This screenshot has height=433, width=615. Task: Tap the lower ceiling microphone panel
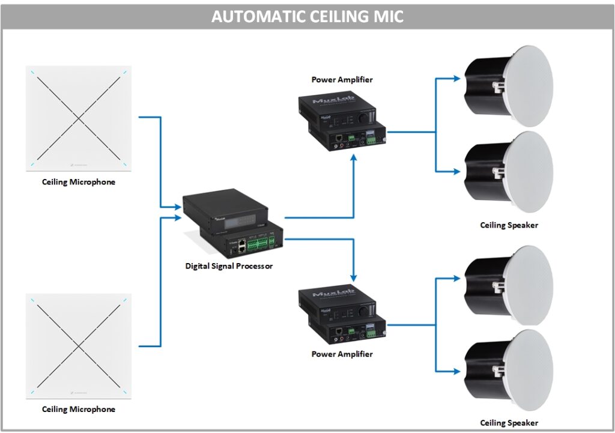[x=79, y=347]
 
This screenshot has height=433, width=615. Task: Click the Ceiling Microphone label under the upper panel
[x=78, y=181]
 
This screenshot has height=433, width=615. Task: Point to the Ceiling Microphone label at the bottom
[x=78, y=409]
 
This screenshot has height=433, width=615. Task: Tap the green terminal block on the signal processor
[x=257, y=245]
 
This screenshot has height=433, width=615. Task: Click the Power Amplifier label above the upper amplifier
[x=342, y=79]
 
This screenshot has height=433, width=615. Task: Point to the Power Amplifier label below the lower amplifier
[x=342, y=354]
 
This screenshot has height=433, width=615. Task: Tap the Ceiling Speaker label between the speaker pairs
[x=509, y=225]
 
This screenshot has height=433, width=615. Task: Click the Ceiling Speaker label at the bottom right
[x=509, y=423]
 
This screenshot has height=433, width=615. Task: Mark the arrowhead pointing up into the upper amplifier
[x=354, y=157]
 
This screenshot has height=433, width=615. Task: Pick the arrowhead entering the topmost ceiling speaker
[x=459, y=77]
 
